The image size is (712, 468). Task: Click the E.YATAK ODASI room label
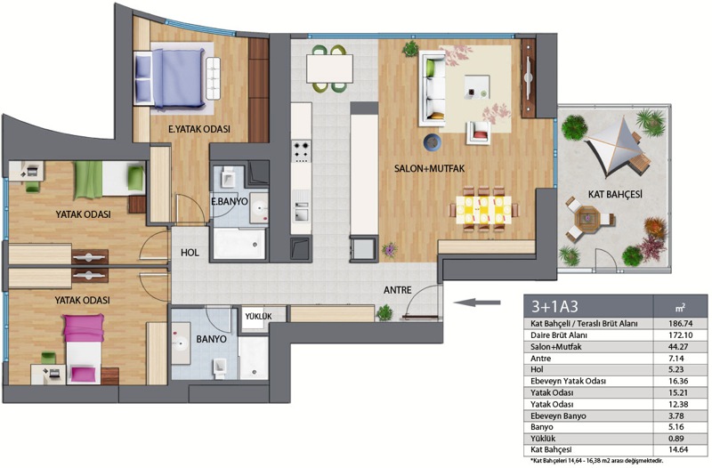pyautogui.click(x=198, y=129)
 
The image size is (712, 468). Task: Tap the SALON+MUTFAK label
pyautogui.click(x=429, y=168)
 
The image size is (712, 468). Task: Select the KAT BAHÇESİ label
pyautogui.click(x=615, y=194)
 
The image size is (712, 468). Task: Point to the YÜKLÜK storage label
pyautogui.click(x=258, y=317)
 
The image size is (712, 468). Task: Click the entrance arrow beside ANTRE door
pyautogui.click(x=476, y=303)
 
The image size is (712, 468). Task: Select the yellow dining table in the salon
pyautogui.click(x=483, y=209)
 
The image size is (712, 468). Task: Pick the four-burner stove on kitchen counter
pyautogui.click(x=301, y=150)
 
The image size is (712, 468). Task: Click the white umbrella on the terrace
pyautogui.click(x=617, y=146)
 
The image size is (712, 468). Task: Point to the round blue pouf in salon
pyautogui.click(x=433, y=142)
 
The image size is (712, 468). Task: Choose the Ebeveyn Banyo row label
pyautogui.click(x=558, y=416)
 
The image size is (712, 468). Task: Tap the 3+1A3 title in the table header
pyautogui.click(x=554, y=306)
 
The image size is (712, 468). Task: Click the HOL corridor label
pyautogui.click(x=190, y=253)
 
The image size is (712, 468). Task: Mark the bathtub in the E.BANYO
pyautogui.click(x=239, y=243)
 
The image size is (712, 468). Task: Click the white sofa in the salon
pyautogui.click(x=432, y=88)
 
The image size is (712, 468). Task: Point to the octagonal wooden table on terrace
pyautogui.click(x=587, y=219)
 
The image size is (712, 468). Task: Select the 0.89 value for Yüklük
pyautogui.click(x=676, y=439)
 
